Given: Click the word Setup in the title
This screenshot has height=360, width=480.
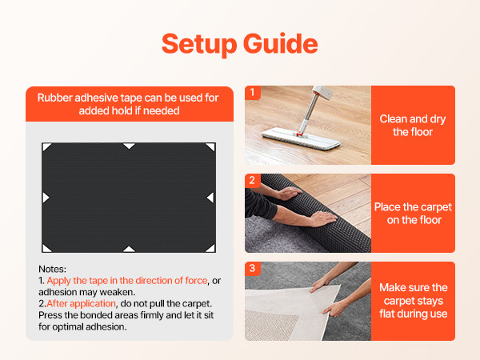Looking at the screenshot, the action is pyautogui.click(x=199, y=45).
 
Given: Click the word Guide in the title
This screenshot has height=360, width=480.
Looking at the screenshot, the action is pyautogui.click(x=281, y=43).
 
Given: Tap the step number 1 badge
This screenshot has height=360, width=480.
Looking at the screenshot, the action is pyautogui.click(x=252, y=92).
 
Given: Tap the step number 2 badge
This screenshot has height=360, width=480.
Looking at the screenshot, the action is pyautogui.click(x=252, y=180).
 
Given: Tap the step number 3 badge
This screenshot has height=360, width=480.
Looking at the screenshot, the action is pyautogui.click(x=252, y=269).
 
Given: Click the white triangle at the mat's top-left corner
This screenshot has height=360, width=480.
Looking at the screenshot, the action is pyautogui.click(x=46, y=146).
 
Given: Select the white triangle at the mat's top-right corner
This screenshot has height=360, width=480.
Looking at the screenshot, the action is pyautogui.click(x=211, y=146).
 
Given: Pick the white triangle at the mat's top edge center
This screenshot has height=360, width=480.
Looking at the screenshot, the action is pyautogui.click(x=129, y=146).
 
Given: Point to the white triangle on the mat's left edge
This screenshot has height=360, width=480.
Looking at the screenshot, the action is pyautogui.click(x=46, y=198).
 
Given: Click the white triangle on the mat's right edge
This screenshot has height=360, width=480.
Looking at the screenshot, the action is pyautogui.click(x=211, y=198).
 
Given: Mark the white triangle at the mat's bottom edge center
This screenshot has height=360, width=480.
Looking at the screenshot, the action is pyautogui.click(x=129, y=249).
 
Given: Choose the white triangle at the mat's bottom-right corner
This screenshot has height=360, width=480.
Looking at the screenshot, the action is pyautogui.click(x=211, y=249).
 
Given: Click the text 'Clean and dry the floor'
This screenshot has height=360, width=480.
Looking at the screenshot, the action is pyautogui.click(x=413, y=126).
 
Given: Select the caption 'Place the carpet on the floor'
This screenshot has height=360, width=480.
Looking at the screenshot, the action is pyautogui.click(x=413, y=214).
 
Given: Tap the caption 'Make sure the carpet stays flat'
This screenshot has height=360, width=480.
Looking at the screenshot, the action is pyautogui.click(x=414, y=301).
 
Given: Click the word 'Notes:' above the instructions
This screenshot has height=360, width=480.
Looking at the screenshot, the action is pyautogui.click(x=52, y=269).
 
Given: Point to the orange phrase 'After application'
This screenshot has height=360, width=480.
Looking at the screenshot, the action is pyautogui.click(x=81, y=304).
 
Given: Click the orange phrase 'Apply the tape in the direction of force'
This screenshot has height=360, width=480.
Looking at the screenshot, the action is pyautogui.click(x=127, y=281).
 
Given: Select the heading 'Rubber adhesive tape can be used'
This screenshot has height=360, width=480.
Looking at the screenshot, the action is pyautogui.click(x=128, y=104).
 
